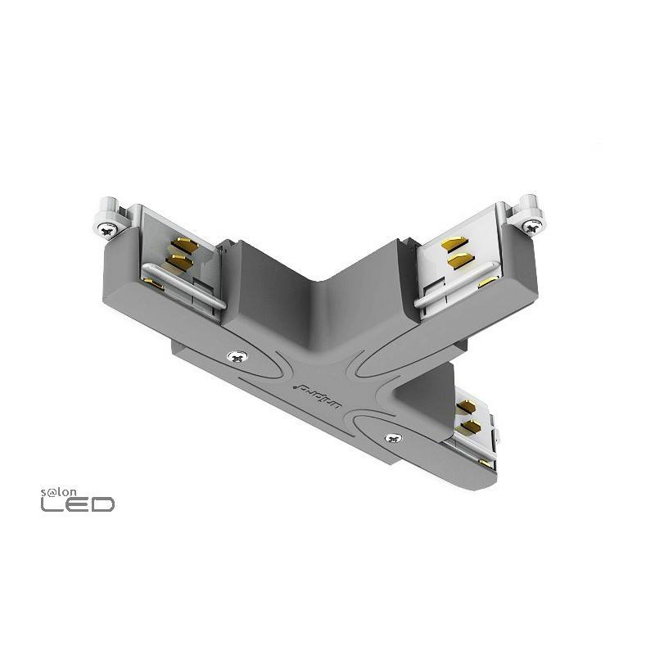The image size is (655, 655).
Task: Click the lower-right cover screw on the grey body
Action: [x=393, y=438]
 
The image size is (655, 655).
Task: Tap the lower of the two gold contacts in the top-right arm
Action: [x=457, y=260]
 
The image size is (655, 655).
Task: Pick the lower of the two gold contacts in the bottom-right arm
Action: [x=472, y=426]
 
